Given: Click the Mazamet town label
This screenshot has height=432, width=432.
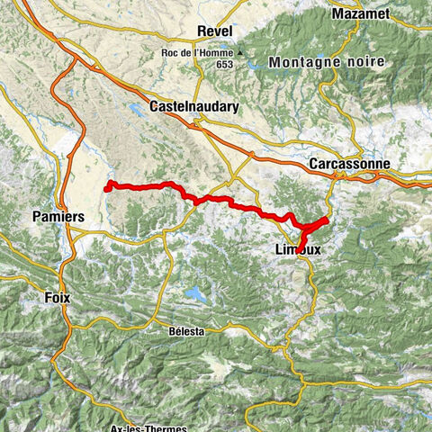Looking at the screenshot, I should pos(360,14).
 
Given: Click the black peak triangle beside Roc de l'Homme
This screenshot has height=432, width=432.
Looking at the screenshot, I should pos(240,52).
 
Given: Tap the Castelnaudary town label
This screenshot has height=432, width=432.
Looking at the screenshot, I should pos(194,106).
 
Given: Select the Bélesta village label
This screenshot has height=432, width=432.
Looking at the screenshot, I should pos(186,331).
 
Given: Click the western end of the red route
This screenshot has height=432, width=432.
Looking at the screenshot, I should pos(107,188).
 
